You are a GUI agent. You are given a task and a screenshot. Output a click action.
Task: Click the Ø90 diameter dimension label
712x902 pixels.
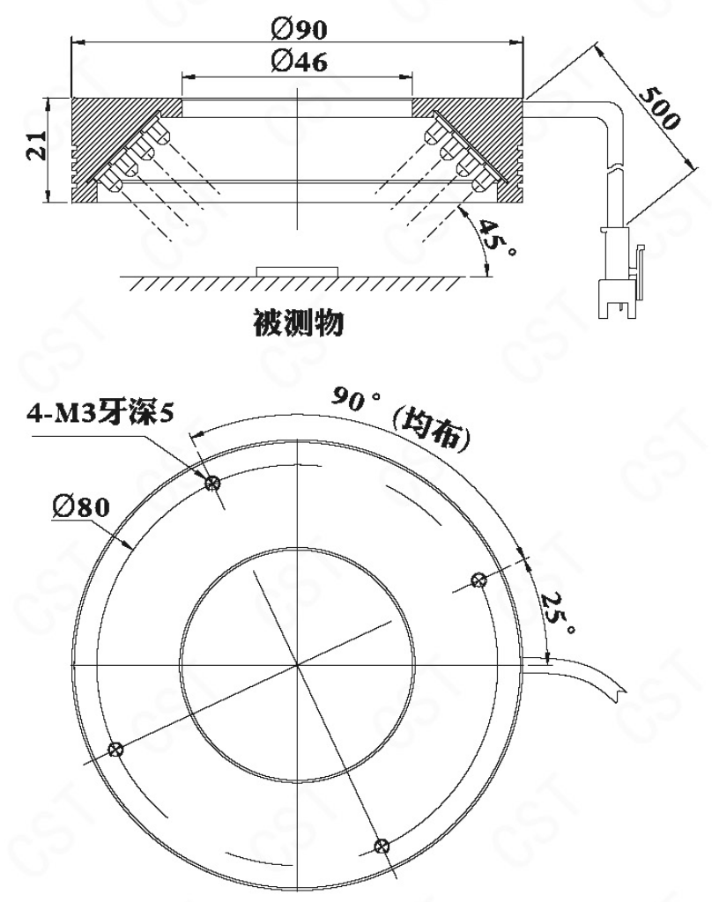(297, 28)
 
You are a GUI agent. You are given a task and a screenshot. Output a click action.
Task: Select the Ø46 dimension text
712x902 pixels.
(297, 62)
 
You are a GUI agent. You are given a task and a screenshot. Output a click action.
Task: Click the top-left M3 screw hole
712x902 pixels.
(211, 483)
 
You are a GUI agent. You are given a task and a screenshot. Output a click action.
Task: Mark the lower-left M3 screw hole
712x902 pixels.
(115, 750)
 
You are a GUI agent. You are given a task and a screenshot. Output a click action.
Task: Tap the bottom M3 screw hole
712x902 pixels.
(382, 846)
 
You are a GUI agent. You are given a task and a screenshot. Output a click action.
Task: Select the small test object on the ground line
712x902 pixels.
(297, 268)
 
